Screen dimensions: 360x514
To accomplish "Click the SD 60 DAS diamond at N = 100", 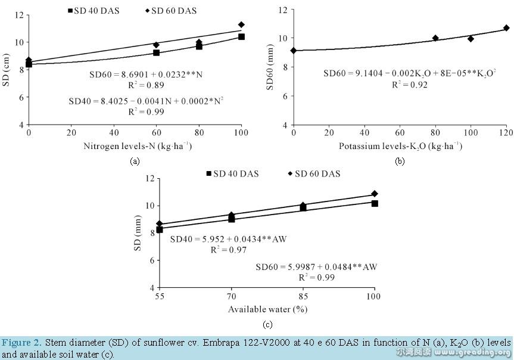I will pos(241,24).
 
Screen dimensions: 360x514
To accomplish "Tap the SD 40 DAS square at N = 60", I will pos(156,52).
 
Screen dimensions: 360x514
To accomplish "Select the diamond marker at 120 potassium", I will pos(506,28).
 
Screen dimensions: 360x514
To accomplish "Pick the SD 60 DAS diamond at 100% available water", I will pos(375,194).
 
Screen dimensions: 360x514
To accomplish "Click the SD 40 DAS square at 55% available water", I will pos(160,229).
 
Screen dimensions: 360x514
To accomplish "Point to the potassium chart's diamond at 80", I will pos(435,38).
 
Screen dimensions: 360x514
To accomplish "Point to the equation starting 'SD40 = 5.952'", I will pos(228,239).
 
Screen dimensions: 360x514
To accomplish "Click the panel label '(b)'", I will pos(399,161).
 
